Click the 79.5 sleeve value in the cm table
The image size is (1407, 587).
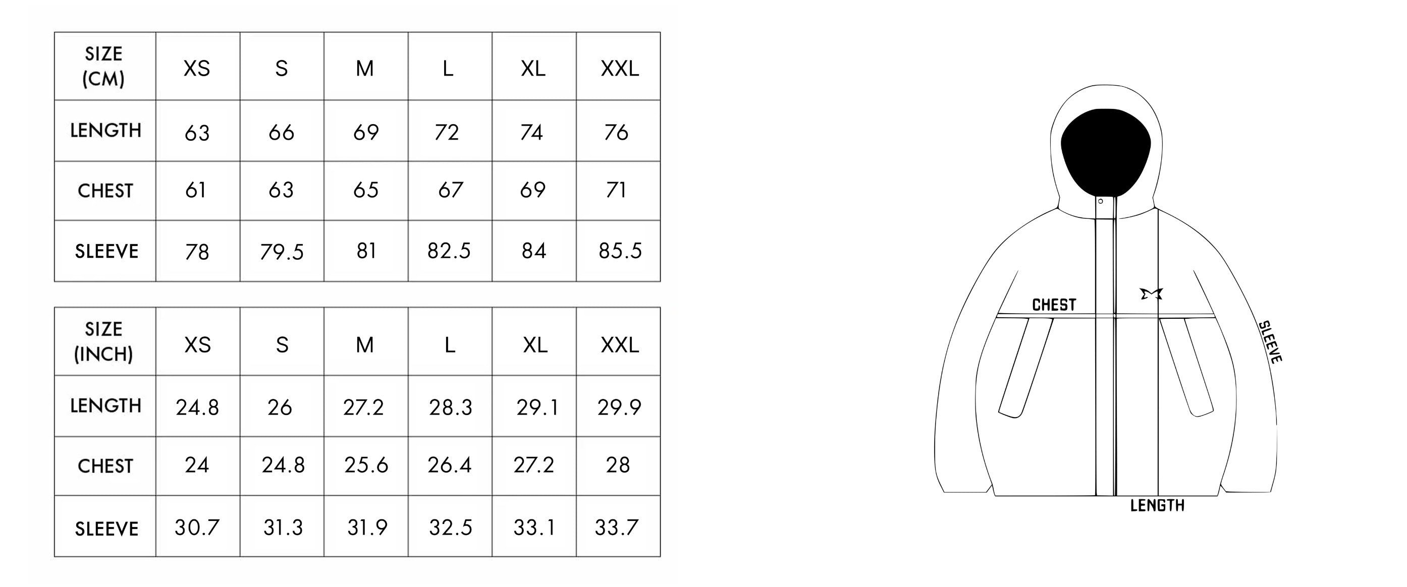click(x=281, y=252)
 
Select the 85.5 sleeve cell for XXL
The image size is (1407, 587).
click(x=620, y=251)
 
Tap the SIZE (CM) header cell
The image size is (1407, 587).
click(x=104, y=67)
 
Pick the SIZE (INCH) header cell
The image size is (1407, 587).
click(x=104, y=342)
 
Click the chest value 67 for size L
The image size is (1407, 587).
click(x=450, y=190)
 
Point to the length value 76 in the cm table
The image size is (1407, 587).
click(x=616, y=132)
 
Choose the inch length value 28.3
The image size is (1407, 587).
click(x=450, y=407)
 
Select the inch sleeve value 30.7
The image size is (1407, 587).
click(x=197, y=527)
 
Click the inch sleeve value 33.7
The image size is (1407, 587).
click(x=616, y=527)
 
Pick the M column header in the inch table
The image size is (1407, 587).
click(x=365, y=345)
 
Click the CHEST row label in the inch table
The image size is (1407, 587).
click(x=105, y=466)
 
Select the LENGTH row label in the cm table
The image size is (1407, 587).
click(x=105, y=131)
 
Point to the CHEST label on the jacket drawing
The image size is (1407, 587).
click(x=1054, y=305)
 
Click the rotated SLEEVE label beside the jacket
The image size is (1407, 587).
click(x=1270, y=342)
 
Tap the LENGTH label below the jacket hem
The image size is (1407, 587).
click(x=1157, y=506)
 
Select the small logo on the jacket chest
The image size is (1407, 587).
click(x=1151, y=294)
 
